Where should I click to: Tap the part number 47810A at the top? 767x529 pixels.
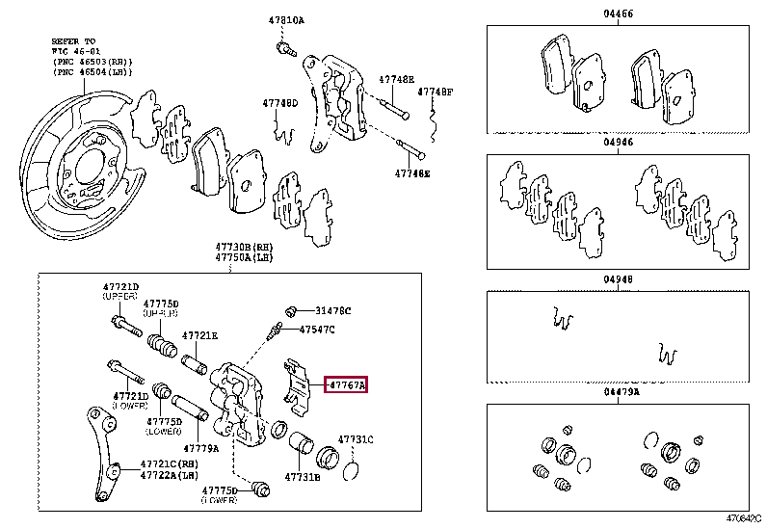click(286, 20)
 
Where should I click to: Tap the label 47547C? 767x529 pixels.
click(317, 330)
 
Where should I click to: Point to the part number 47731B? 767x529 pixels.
click(303, 477)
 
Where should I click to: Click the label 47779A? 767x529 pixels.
click(201, 448)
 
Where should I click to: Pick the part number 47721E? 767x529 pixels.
click(201, 335)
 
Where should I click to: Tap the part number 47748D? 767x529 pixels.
click(279, 102)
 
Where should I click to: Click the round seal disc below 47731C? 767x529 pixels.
click(352, 468)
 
